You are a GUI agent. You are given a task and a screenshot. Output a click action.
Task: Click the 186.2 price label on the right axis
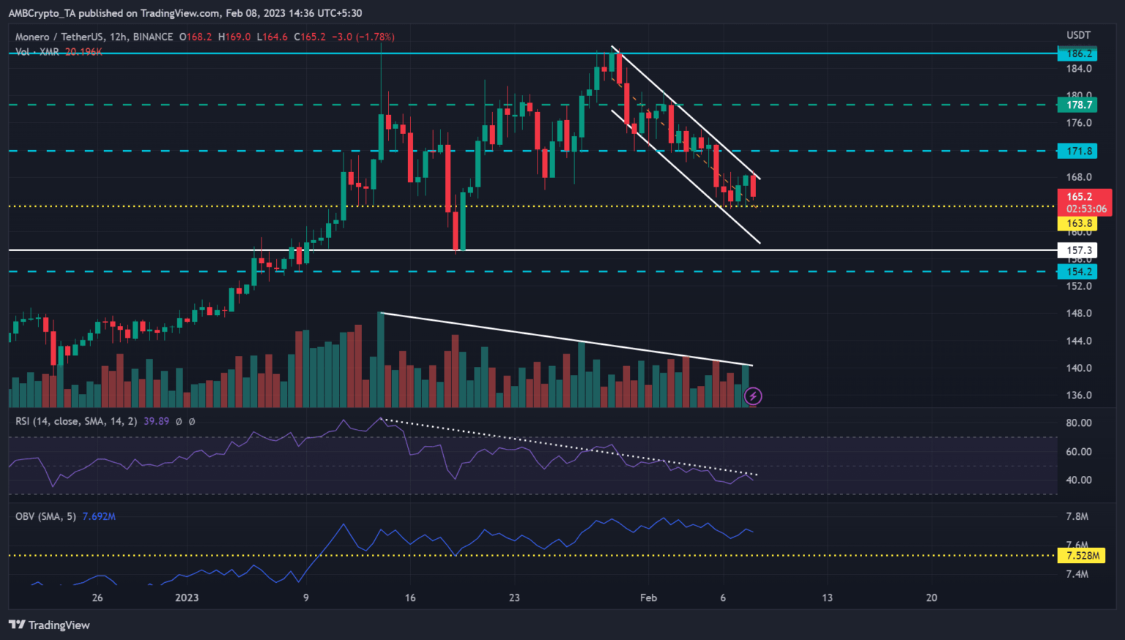(1079, 53)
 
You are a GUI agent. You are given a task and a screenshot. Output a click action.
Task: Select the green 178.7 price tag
(1079, 105)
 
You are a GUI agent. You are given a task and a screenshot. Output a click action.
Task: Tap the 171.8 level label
(1079, 151)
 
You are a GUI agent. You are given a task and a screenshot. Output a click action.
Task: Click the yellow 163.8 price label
(1079, 223)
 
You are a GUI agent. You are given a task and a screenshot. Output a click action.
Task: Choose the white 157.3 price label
(1079, 250)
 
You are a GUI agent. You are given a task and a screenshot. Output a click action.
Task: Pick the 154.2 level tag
(1079, 272)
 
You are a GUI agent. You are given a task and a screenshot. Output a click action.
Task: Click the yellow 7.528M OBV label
(1083, 556)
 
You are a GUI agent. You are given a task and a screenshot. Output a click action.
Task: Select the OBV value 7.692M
(99, 516)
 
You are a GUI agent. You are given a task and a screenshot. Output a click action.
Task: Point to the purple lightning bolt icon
(753, 396)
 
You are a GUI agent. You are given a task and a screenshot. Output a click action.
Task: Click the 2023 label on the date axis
(187, 598)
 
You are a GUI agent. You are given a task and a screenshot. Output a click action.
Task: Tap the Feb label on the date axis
(648, 598)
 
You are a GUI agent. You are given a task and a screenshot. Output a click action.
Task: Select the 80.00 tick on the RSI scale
(1078, 423)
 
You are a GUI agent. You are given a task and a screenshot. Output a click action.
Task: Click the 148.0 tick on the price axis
(1078, 313)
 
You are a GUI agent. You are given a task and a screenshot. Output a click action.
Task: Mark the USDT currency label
(1078, 35)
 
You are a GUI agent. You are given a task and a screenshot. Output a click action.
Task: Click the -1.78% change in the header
(374, 37)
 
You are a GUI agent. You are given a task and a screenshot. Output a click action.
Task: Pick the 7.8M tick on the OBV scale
(1077, 516)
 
